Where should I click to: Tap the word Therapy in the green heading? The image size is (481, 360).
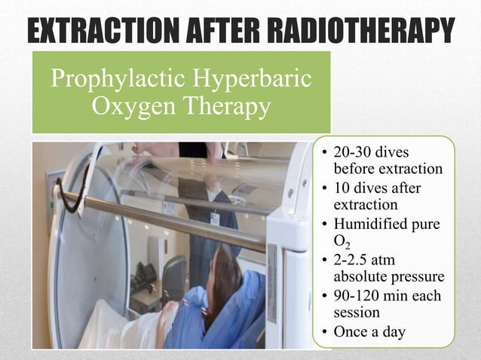pos(224,107)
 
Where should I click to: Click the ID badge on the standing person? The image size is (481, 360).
pos(215,218)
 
